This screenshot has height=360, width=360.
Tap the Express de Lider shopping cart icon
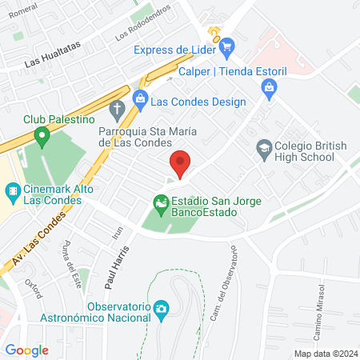coord(226,46)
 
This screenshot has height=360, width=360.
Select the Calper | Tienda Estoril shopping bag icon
coord(269,86)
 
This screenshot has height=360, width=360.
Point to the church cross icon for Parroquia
coord(117,109)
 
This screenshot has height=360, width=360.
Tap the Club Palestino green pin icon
coord(43,135)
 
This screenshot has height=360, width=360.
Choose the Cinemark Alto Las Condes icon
coord(12,192)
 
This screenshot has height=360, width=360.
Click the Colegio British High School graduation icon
coord(263,147)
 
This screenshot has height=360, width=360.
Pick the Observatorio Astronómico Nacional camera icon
coord(161,308)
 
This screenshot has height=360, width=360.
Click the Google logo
coord(27,350)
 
